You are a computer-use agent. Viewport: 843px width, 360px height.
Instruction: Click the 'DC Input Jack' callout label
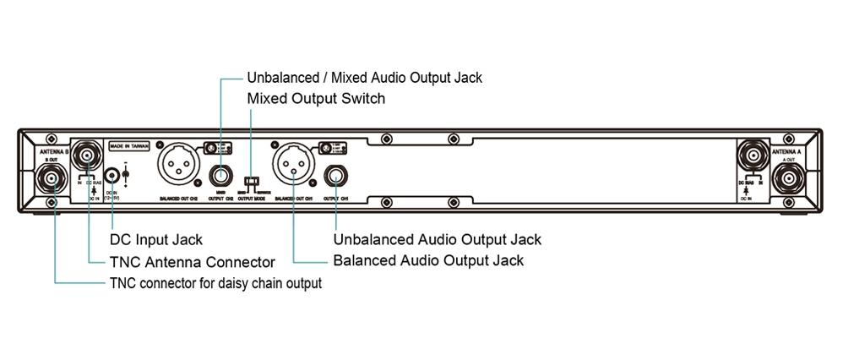(x=156, y=241)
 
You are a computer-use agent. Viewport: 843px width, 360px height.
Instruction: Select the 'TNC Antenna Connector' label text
(x=193, y=262)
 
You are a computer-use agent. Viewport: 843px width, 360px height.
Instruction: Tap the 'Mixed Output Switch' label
(x=316, y=99)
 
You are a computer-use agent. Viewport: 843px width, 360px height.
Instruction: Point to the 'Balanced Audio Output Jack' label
(x=428, y=260)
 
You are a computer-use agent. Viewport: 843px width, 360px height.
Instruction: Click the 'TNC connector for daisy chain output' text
(x=215, y=283)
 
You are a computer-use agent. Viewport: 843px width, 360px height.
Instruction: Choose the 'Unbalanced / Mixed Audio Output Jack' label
(x=364, y=78)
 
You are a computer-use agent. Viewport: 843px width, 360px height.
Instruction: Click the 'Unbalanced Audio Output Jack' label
(x=438, y=240)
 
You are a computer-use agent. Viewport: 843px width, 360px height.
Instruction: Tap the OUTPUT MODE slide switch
(x=251, y=181)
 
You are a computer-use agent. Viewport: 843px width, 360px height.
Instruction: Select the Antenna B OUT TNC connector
(x=52, y=179)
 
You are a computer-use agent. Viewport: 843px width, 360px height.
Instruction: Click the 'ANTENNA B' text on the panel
(x=52, y=150)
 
